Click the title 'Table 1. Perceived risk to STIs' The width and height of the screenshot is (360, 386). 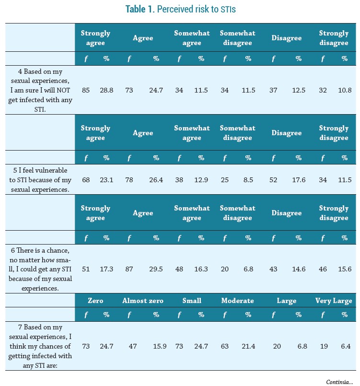coord(180,9)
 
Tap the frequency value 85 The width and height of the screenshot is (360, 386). coord(86,90)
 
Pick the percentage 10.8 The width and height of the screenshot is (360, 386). coord(344,90)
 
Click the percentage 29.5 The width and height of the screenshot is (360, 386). coord(156,269)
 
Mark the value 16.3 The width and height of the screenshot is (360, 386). coord(202,269)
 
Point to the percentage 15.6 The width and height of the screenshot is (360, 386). coord(344,269)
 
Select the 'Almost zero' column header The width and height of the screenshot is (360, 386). coord(143,301)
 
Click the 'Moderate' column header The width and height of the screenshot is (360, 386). coord(237,301)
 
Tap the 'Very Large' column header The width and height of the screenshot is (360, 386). coord(334,301)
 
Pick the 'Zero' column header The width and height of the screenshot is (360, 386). coord(95,301)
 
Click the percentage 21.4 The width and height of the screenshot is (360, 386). coord(248,346)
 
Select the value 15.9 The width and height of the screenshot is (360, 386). coord(156,346)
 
